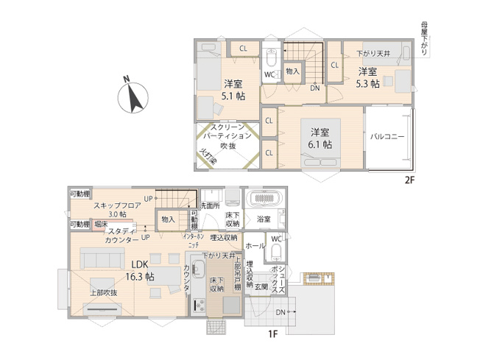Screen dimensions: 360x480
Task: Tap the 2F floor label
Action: pos(409,180)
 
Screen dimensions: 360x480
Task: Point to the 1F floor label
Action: pos(272,334)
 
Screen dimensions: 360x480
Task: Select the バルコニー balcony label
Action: pos(388,137)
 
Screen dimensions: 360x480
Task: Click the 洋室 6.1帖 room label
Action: pos(320,138)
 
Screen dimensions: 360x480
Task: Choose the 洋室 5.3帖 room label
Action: pos(367,77)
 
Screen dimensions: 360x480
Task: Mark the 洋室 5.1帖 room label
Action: pos(233,90)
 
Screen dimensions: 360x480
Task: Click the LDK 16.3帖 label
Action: pos(138,271)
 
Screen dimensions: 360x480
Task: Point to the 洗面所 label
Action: pos(210,206)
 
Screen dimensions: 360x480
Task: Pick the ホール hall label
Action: pos(255,245)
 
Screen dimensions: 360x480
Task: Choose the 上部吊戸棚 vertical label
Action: pos(238,272)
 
